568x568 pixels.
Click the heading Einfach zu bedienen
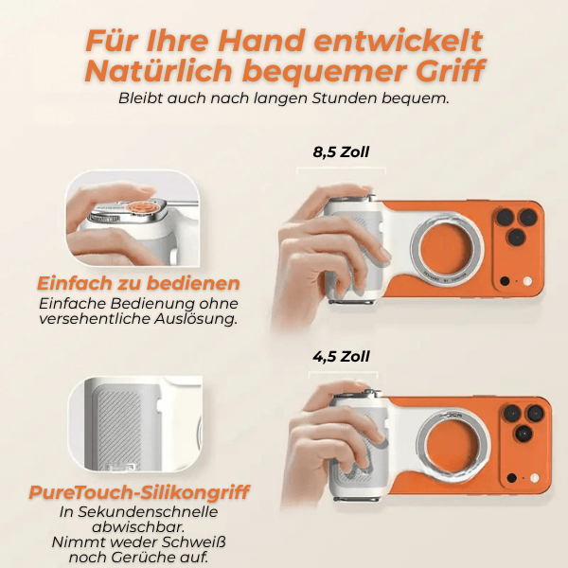[138, 283]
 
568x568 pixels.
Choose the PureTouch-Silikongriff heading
[139, 492]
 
